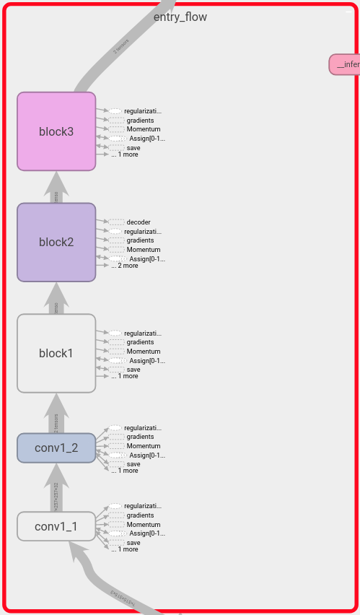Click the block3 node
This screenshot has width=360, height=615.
56,131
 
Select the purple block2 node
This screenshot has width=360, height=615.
56,242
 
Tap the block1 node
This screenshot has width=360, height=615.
56,353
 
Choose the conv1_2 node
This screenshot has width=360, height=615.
56,448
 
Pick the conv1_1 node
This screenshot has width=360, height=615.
56,526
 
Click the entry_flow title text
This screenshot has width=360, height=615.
180,17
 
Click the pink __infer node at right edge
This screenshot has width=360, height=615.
345,64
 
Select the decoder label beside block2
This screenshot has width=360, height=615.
139,222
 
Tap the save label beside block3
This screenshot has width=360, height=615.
133,147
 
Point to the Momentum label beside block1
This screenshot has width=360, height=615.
144,352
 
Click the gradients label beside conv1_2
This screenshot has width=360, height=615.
140,437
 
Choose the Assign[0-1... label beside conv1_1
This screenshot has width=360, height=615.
146,533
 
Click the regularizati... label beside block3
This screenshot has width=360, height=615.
142,111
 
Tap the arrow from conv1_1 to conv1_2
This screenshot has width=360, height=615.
56,489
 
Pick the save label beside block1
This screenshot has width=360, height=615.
133,369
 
